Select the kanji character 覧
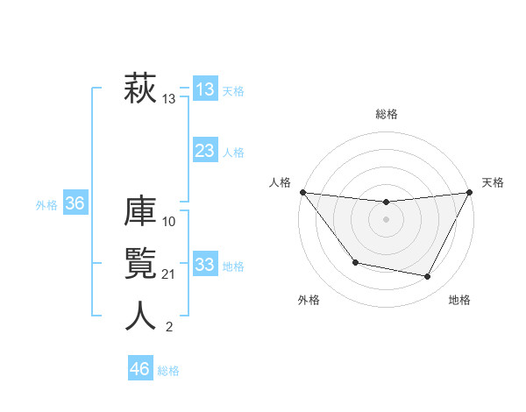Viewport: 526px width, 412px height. click(x=140, y=263)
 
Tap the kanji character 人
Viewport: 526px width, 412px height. click(x=140, y=316)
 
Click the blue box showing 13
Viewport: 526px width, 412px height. click(x=204, y=89)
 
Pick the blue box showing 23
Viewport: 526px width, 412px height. click(x=204, y=151)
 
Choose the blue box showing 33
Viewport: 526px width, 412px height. click(x=204, y=265)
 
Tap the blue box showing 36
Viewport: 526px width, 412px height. click(x=75, y=204)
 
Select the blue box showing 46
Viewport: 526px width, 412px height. click(x=139, y=369)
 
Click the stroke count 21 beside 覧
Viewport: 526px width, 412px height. click(x=169, y=274)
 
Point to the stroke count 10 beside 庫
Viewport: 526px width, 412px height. click(x=169, y=221)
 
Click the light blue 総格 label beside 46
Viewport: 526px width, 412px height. click(x=168, y=371)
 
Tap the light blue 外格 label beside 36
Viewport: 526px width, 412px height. click(x=46, y=205)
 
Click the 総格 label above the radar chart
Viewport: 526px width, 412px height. click(x=386, y=114)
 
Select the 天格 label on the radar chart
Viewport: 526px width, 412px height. click(x=493, y=182)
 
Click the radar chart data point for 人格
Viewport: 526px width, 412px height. click(x=302, y=192)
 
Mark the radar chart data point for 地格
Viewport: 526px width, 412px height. click(x=428, y=277)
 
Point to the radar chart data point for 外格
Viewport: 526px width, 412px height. click(x=355, y=262)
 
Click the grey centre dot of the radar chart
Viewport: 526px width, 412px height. click(x=386, y=219)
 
